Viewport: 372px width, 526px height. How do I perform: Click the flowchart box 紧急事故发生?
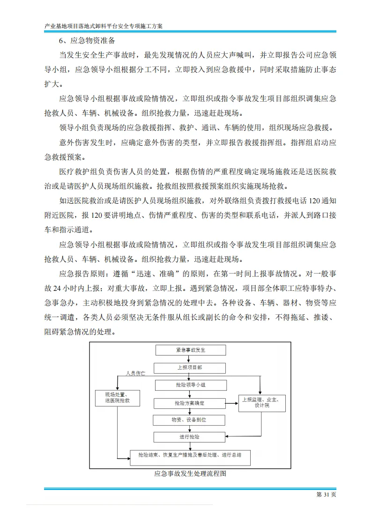(190, 350)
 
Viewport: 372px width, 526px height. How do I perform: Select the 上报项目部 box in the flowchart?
(190, 368)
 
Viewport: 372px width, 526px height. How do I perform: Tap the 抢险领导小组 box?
(190, 385)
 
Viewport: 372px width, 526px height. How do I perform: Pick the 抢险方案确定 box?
(189, 403)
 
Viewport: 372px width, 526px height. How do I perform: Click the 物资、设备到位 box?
(189, 420)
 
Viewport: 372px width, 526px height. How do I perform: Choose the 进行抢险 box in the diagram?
(189, 437)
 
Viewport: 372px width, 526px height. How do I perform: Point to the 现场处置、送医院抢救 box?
(118, 398)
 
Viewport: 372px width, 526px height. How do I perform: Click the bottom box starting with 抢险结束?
(190, 455)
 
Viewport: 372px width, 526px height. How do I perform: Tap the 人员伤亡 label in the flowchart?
(135, 374)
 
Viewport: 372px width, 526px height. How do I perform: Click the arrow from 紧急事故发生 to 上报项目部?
(190, 359)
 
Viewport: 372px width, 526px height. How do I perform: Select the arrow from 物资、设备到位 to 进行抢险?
(189, 428)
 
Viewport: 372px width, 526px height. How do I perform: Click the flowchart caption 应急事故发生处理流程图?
(190, 474)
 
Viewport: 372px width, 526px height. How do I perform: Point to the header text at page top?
(104, 27)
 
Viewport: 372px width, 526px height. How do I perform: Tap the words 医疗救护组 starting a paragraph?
(78, 172)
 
